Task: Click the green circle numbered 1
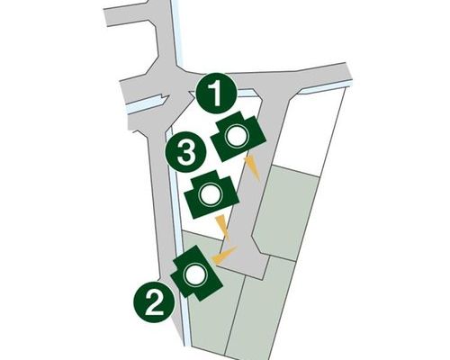[216, 94]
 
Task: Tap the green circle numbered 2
[154, 302]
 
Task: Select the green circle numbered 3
[186, 151]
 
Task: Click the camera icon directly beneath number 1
[238, 136]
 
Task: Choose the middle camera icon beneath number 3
[211, 194]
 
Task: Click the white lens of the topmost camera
[237, 137]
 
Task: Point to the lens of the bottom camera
[194, 276]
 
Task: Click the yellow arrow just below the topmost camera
[252, 168]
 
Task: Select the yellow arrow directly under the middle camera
[223, 228]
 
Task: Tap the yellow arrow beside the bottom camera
[223, 254]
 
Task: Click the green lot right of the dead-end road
[285, 213]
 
